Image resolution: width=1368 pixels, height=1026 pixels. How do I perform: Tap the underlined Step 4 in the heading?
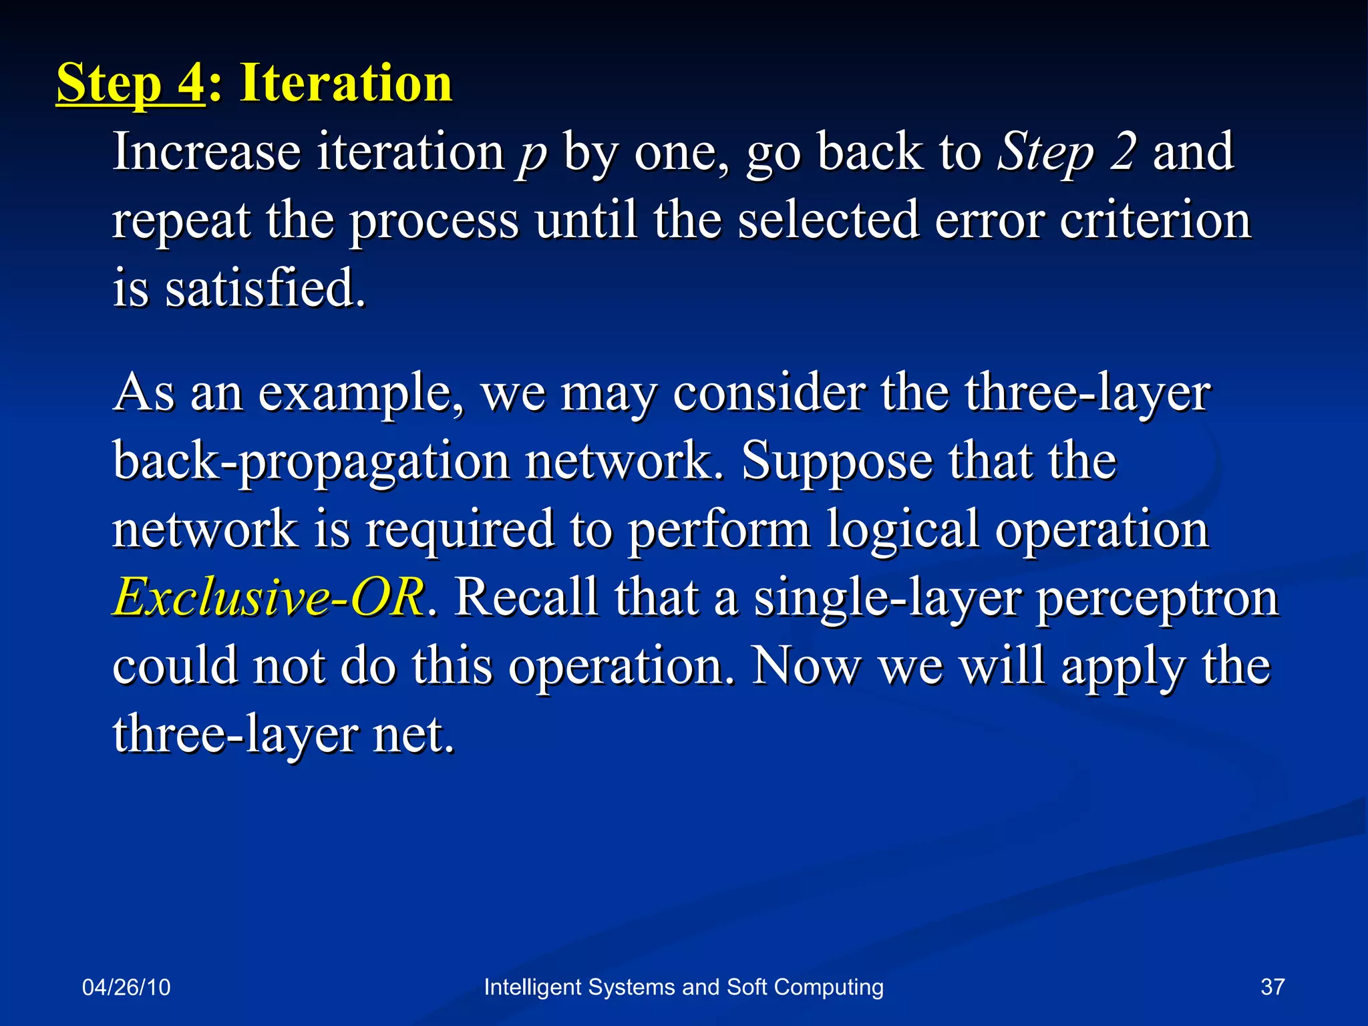click(130, 84)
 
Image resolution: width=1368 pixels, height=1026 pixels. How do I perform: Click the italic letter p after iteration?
click(532, 155)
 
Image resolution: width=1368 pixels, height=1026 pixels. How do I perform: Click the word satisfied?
click(266, 289)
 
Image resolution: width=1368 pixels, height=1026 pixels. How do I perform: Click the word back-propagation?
click(311, 462)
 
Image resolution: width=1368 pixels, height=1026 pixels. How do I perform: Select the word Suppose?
click(836, 462)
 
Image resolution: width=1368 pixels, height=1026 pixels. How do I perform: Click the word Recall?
click(526, 596)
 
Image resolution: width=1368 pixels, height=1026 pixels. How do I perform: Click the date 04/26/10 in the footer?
click(126, 987)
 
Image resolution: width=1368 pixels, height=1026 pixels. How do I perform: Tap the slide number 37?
click(1272, 987)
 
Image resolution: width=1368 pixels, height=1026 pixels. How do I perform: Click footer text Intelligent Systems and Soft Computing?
click(683, 987)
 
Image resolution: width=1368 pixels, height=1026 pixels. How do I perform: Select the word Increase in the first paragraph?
click(206, 152)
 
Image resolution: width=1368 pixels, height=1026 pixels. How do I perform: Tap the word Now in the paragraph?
click(806, 666)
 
